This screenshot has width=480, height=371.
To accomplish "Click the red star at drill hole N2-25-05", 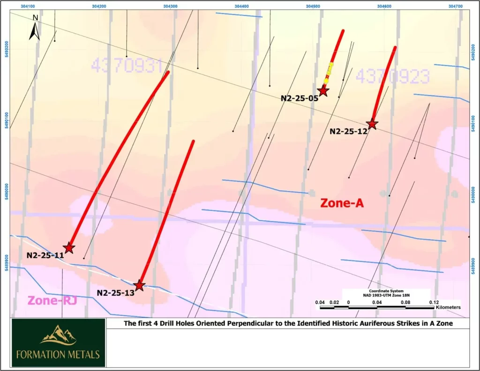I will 322,91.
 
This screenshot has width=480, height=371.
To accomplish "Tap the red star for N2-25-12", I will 372,124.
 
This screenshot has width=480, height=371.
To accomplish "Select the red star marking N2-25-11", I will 69,247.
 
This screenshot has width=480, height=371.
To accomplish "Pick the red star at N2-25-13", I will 139,285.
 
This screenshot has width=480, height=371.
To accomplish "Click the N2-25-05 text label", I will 300,98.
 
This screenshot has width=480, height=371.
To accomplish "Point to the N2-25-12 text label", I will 348,132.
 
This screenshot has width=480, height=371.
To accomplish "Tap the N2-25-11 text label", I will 45,256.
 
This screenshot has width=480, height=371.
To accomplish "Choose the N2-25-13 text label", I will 115,293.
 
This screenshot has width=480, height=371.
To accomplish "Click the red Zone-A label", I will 342,203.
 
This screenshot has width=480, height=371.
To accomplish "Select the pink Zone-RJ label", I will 52,300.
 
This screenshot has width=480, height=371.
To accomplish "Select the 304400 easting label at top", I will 241,6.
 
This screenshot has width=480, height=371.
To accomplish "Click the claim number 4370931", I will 127,66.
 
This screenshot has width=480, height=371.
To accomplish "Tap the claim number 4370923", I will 393,75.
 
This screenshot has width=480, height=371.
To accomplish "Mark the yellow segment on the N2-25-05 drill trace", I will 330,69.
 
